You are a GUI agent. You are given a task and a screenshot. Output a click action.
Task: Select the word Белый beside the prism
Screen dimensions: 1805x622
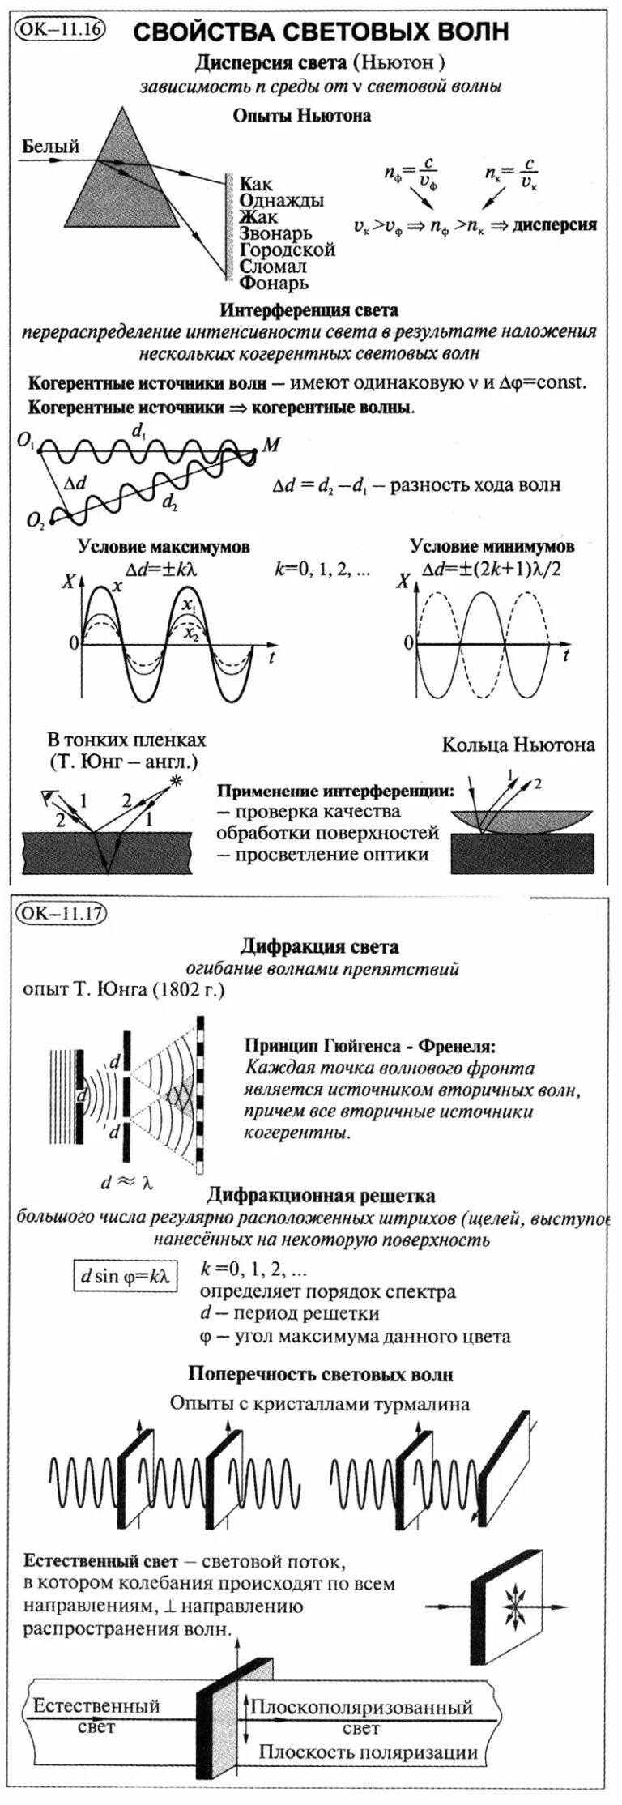(50, 147)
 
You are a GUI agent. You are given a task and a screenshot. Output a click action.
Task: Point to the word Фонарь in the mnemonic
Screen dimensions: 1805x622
(274, 283)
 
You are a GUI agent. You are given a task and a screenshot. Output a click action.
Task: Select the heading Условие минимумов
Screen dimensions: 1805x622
(492, 547)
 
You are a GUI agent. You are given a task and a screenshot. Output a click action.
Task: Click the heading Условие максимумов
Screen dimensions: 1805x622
(164, 547)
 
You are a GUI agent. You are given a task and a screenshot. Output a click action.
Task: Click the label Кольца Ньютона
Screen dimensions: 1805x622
(518, 745)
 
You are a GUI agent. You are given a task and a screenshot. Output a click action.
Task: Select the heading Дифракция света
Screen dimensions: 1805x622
(319, 946)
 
